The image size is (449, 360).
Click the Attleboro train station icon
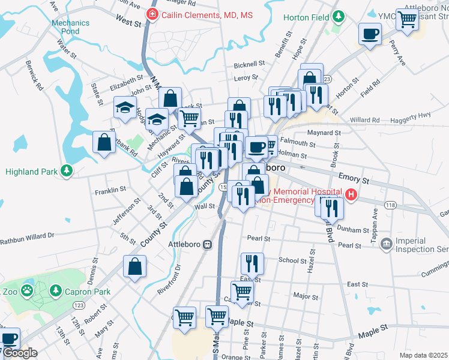click(208, 244)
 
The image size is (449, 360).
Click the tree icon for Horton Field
click(339, 16)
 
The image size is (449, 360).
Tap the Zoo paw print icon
click(26, 292)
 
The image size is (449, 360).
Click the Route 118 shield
click(391, 205)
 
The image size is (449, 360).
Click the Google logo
click(20, 353)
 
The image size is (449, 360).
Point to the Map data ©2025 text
click(423, 355)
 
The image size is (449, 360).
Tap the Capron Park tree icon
click(56, 292)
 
